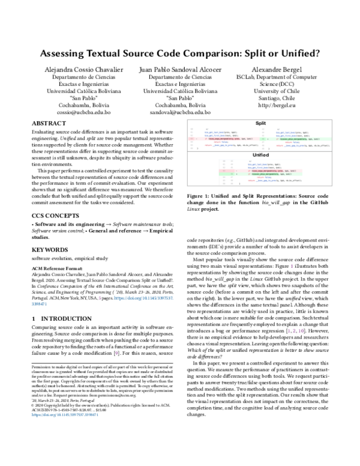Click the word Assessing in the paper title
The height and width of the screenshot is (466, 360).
click(65, 53)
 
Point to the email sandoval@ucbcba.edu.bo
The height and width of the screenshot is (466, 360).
click(179, 112)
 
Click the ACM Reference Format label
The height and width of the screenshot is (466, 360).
click(54, 268)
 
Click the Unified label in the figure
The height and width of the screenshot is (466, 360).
click(260, 154)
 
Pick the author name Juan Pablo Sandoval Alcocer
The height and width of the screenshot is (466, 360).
click(179, 70)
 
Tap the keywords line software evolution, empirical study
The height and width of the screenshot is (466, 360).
click(66, 258)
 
